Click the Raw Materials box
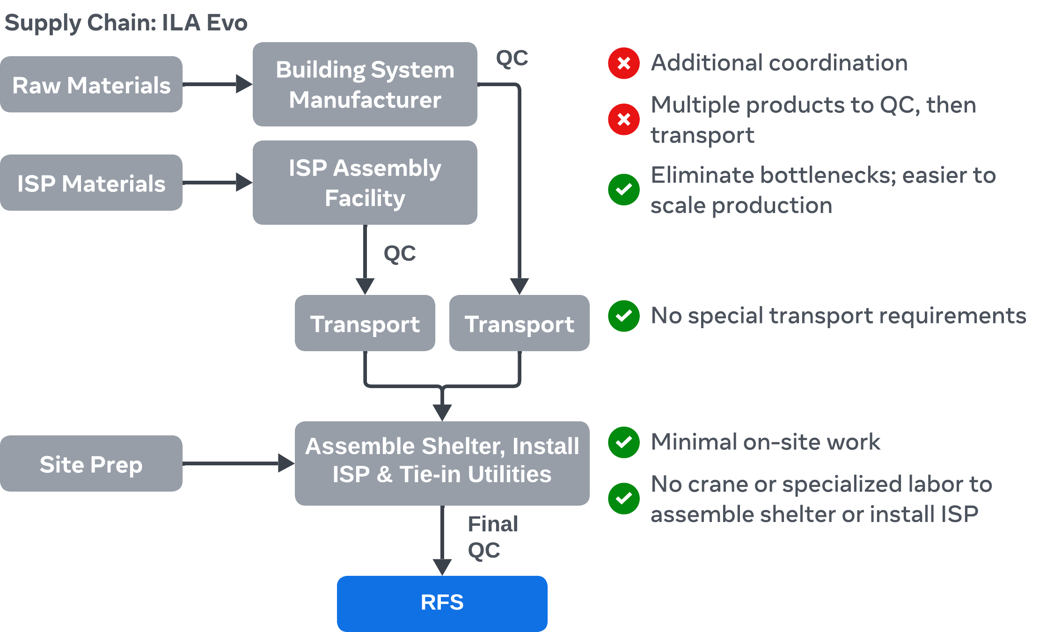pyautogui.click(x=91, y=85)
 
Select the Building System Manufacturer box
pyautogui.click(x=365, y=85)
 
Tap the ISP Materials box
pyautogui.click(x=91, y=183)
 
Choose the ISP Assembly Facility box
pyautogui.click(x=365, y=183)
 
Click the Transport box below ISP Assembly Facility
pyautogui.click(x=365, y=323)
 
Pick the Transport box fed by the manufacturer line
pyautogui.click(x=519, y=323)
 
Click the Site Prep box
pyautogui.click(x=91, y=464)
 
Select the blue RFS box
pyautogui.click(x=442, y=603)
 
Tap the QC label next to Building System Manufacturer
pyautogui.click(x=512, y=59)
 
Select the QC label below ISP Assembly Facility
pyautogui.click(x=400, y=253)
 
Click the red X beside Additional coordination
pyautogui.click(x=624, y=63)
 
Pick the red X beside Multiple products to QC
pyautogui.click(x=624, y=120)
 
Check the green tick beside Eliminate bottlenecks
pyautogui.click(x=624, y=190)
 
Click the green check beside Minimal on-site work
pyautogui.click(x=624, y=442)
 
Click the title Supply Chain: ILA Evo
pyautogui.click(x=126, y=22)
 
